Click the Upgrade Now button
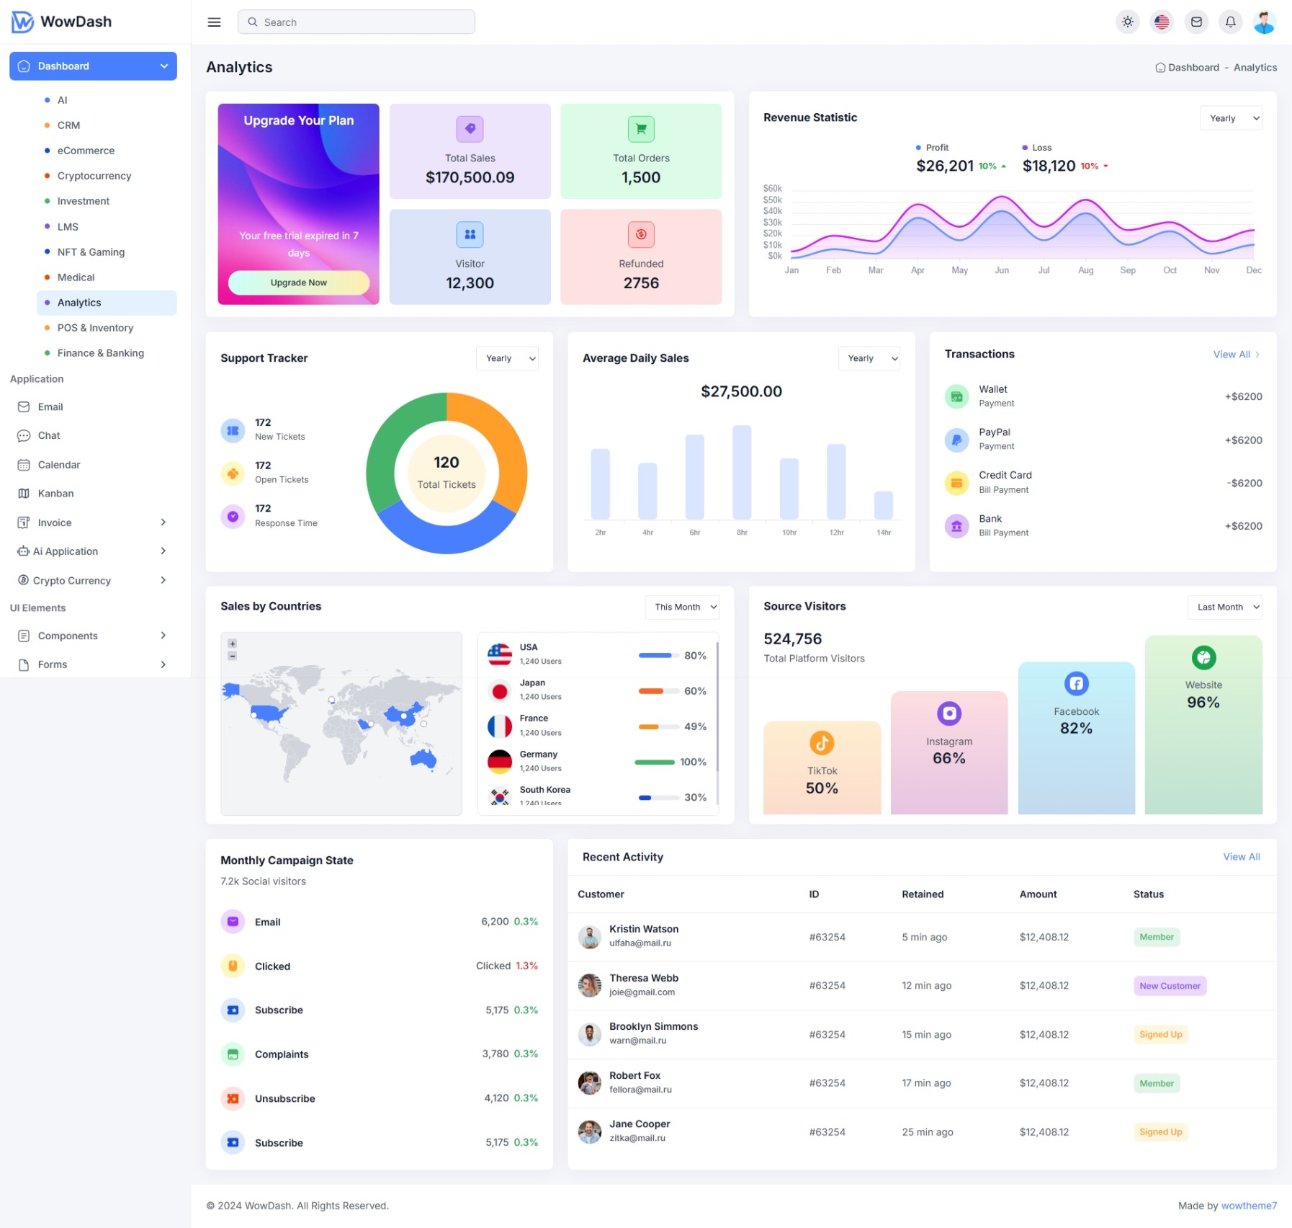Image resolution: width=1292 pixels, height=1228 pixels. [x=299, y=282]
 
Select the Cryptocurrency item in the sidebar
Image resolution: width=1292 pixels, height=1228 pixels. [x=94, y=176]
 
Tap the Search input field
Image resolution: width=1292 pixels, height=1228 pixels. [x=356, y=22]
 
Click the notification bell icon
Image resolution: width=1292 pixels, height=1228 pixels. [x=1231, y=22]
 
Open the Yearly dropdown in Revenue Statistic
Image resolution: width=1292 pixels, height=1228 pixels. [x=1231, y=118]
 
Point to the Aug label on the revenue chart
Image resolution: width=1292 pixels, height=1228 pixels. [x=1086, y=270]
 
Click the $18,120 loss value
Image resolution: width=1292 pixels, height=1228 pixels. [x=1049, y=166]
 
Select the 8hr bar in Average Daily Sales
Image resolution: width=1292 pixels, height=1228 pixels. [x=742, y=472]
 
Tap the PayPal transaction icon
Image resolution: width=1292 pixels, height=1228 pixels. [x=956, y=440]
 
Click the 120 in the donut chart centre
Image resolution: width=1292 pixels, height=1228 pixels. [x=447, y=462]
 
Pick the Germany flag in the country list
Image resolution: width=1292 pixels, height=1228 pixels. [x=500, y=762]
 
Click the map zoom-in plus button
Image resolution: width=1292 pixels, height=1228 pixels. [x=232, y=644]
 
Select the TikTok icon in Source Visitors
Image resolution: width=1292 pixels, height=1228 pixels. [x=822, y=743]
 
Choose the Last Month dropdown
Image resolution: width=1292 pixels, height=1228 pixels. [x=1224, y=607]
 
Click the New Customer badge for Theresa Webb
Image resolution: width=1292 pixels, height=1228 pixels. [x=1170, y=986]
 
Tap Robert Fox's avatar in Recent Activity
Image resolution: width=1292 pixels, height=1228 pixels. [x=590, y=1083]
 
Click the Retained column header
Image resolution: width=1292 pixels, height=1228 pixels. [x=923, y=894]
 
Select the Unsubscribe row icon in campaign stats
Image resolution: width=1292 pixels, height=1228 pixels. [x=233, y=1098]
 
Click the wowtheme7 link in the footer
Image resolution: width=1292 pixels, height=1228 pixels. [x=1249, y=1206]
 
